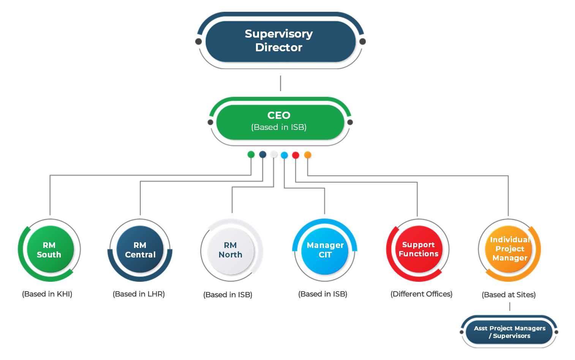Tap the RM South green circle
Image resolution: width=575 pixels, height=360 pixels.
coord(50,249)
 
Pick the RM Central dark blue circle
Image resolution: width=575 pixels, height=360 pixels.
coord(140,249)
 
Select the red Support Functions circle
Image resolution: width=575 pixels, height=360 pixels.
coord(418,249)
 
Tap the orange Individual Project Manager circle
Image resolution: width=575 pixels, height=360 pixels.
coord(509,249)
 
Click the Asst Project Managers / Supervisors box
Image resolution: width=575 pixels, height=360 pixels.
coord(509,332)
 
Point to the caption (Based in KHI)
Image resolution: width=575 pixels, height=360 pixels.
coord(47,294)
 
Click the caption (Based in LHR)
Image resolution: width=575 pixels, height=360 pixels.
coord(139,294)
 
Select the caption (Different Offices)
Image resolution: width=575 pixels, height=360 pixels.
coord(421,294)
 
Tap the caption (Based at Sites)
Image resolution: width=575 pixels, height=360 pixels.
coord(509,295)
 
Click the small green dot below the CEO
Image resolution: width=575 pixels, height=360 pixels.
coord(251,155)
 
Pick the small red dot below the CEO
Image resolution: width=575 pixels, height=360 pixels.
coord(295,155)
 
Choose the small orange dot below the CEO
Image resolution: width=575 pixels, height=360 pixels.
coord(308,155)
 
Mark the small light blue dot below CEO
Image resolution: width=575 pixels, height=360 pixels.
coord(284,155)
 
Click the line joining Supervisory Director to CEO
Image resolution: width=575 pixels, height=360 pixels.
coord(280,83)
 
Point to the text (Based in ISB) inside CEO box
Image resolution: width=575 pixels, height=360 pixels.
coord(279,127)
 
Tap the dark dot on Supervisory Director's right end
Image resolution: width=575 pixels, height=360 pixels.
coord(362,41)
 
